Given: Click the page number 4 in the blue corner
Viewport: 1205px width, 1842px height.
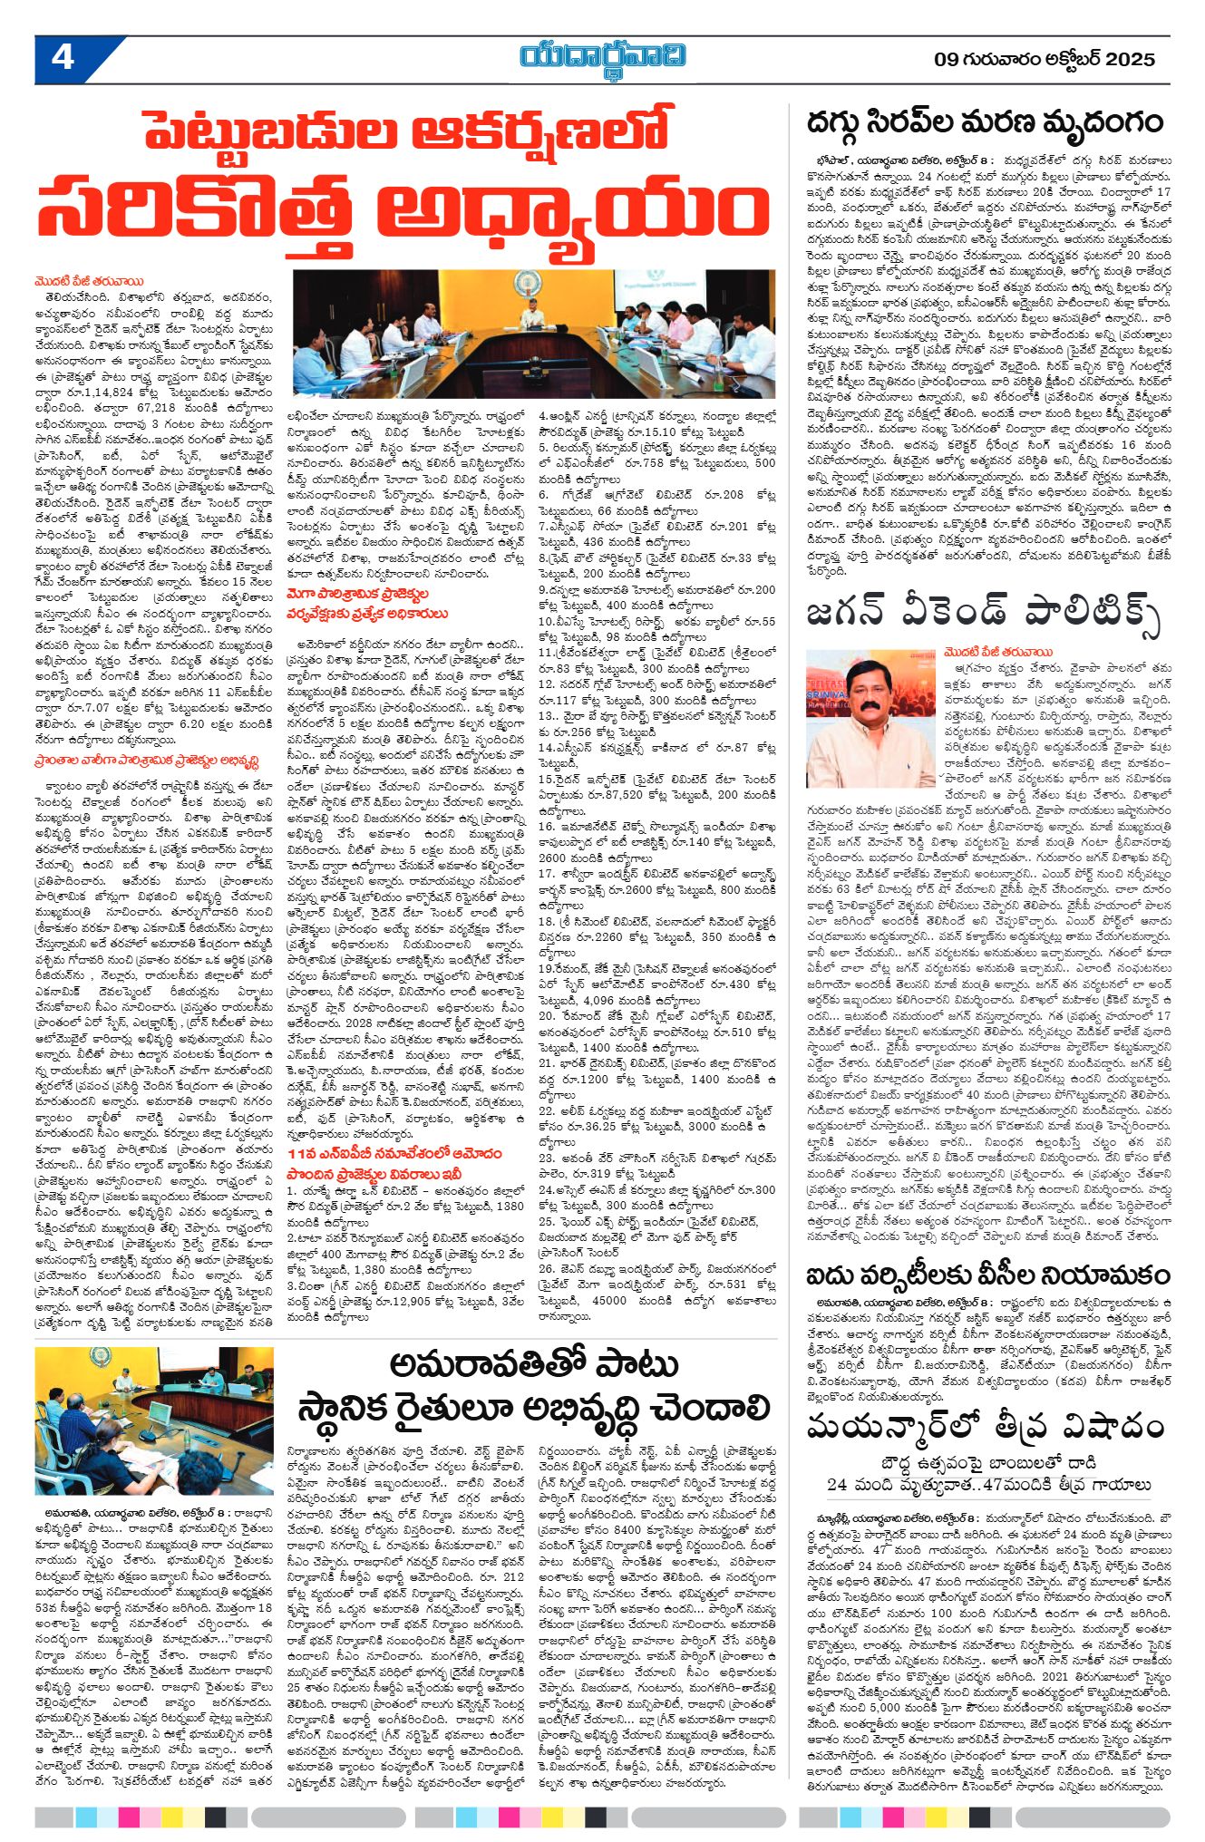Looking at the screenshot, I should pos(62,58).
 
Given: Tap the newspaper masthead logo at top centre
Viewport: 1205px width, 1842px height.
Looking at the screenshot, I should pos(602,57).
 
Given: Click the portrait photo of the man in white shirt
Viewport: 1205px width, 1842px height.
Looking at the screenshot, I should pos(857,718).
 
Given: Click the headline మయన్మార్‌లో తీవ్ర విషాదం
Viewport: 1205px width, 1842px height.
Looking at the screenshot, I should pos(986,1426).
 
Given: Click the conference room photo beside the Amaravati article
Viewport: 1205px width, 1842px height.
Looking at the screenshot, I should pos(155,1420).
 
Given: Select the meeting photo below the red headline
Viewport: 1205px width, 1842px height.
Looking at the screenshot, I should pos(534,334).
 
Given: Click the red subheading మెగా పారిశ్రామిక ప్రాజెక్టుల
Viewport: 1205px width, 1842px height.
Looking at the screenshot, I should pos(360,594).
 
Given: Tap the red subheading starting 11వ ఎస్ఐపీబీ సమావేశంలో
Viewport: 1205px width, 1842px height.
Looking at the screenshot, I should pos(394,1153).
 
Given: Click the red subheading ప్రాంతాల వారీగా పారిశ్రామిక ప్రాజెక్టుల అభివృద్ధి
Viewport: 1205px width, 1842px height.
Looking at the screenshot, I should pos(147,761).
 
